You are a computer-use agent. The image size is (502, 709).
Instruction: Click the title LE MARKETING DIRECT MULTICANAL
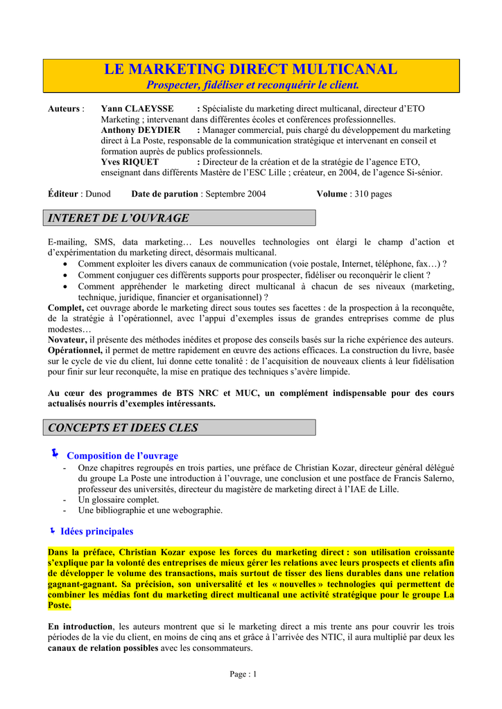[x=250, y=69]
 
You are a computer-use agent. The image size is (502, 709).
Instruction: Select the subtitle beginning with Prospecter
[x=252, y=85]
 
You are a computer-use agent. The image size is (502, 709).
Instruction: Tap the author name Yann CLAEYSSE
[x=137, y=109]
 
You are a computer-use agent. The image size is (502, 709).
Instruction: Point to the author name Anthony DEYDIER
[x=141, y=130]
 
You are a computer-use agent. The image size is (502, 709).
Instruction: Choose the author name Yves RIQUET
[x=130, y=162]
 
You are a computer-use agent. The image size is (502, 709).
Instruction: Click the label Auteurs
[x=64, y=109]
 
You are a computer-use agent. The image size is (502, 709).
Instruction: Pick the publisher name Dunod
[x=97, y=194]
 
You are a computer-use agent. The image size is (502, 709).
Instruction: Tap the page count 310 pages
[x=373, y=194]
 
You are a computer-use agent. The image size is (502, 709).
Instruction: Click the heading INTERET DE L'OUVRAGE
[x=119, y=218]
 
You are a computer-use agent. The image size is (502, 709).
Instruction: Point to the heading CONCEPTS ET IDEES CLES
[x=123, y=428]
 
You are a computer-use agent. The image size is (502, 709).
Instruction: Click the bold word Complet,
[x=66, y=307]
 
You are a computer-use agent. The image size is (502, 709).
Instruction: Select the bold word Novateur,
[x=67, y=339]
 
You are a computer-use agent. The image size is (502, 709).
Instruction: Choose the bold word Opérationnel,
[x=76, y=350]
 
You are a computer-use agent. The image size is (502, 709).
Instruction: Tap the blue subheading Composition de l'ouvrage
[x=122, y=456]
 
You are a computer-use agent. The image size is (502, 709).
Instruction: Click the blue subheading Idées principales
[x=96, y=531]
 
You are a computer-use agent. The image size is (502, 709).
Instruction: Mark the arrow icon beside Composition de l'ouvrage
[x=55, y=454]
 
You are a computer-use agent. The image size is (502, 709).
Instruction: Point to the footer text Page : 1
[x=243, y=674]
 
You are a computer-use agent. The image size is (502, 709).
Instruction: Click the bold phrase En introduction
[x=80, y=627]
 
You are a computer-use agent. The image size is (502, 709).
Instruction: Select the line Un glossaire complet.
[x=119, y=499]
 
